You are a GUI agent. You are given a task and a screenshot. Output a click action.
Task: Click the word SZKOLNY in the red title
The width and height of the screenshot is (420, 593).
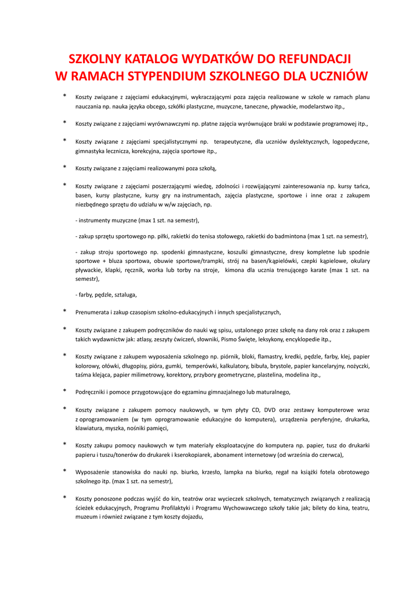(x=95, y=59)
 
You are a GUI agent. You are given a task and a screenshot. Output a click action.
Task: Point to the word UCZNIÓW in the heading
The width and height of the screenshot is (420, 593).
(x=338, y=76)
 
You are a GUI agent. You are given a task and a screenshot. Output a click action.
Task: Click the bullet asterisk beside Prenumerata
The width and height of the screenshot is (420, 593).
(x=64, y=312)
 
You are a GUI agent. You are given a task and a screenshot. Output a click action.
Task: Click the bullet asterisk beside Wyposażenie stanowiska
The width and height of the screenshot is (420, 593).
(x=64, y=471)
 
